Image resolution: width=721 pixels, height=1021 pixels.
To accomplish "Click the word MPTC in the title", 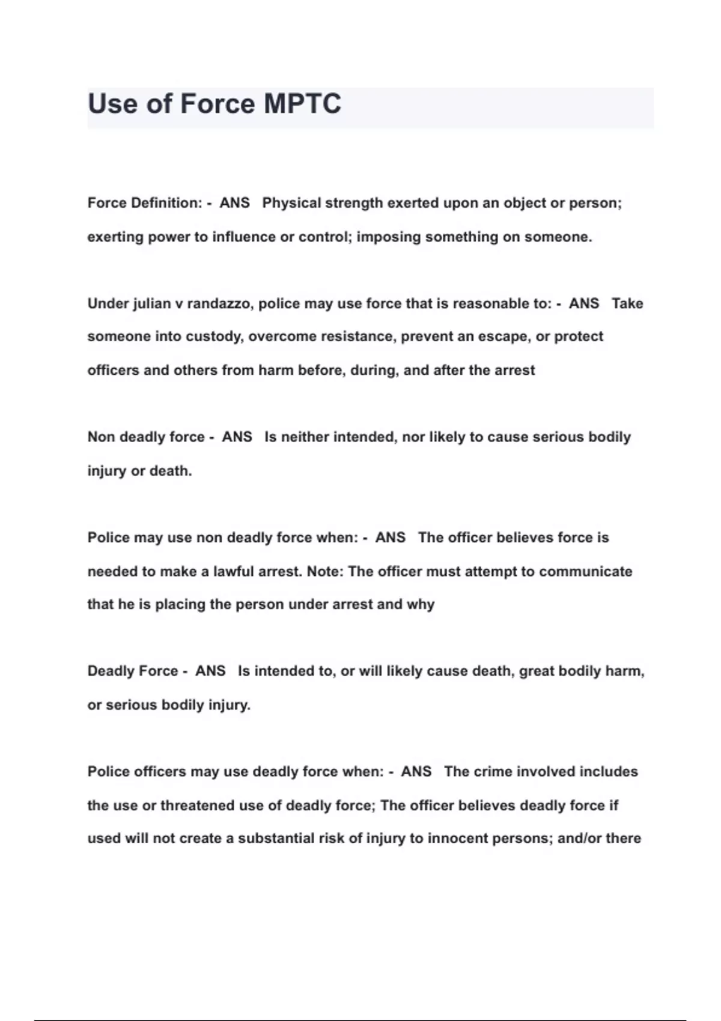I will coord(302,104).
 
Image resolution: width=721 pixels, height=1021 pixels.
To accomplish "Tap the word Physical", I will coord(291,203).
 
